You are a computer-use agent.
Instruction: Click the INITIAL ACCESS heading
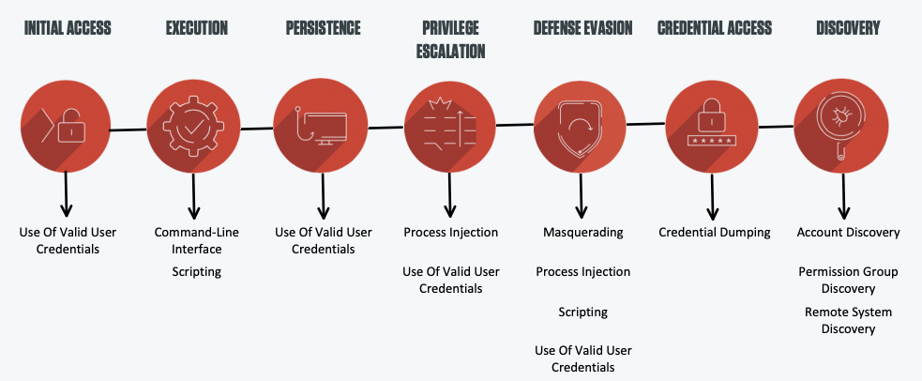point(68,27)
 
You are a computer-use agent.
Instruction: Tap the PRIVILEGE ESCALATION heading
point(450,39)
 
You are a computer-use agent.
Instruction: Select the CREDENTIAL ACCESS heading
point(715,27)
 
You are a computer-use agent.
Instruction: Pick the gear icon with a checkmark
point(193,127)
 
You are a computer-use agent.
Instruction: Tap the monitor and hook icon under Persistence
point(321,125)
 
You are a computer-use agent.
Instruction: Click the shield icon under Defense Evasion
point(580,127)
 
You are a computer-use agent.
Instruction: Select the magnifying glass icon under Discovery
point(840,125)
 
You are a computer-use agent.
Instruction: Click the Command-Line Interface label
point(197,240)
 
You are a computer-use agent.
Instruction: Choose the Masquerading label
point(582,232)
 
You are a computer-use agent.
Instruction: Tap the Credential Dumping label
point(715,232)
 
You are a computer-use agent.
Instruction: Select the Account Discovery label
point(848,232)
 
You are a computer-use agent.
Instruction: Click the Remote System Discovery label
point(848,320)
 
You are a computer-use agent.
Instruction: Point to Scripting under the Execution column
point(197,271)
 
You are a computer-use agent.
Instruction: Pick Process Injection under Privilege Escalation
point(450,232)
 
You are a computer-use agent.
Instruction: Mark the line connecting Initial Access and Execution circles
point(128,130)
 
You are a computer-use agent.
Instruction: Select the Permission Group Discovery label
point(848,281)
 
